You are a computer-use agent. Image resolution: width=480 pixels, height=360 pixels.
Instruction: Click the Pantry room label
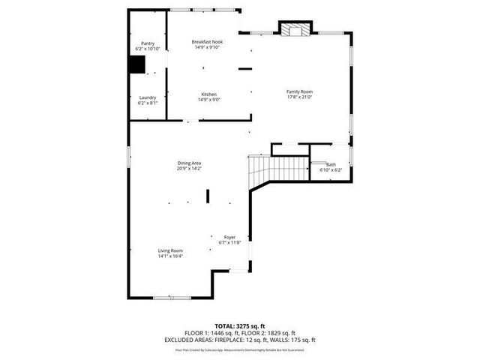[x=148, y=44]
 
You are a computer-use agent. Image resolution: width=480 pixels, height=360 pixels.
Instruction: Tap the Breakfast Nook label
[x=207, y=42]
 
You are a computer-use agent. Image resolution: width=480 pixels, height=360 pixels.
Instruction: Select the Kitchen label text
[x=208, y=94]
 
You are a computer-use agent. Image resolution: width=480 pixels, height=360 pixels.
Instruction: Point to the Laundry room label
[x=148, y=97]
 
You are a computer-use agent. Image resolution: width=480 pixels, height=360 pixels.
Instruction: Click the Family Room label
[x=299, y=91]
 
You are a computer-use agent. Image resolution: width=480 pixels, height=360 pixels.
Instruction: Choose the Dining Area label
[x=189, y=163]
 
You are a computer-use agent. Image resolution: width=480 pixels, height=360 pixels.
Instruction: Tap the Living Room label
[x=170, y=250]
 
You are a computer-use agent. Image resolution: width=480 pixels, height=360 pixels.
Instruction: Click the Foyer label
[x=229, y=237]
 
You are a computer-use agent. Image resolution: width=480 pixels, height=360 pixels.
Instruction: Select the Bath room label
[x=331, y=164]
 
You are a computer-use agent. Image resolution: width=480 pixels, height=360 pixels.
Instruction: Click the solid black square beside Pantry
[x=136, y=65]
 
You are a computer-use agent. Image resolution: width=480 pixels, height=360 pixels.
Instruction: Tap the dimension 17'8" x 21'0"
[x=299, y=97]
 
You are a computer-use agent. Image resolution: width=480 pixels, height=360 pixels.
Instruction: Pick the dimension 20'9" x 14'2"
[x=189, y=168]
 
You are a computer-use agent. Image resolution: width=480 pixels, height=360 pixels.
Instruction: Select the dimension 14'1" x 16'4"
[x=170, y=256]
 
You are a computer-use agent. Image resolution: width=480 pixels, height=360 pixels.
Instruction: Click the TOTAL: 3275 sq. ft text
[x=240, y=326]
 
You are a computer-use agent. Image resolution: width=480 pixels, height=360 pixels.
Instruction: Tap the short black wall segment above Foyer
[x=208, y=196]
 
